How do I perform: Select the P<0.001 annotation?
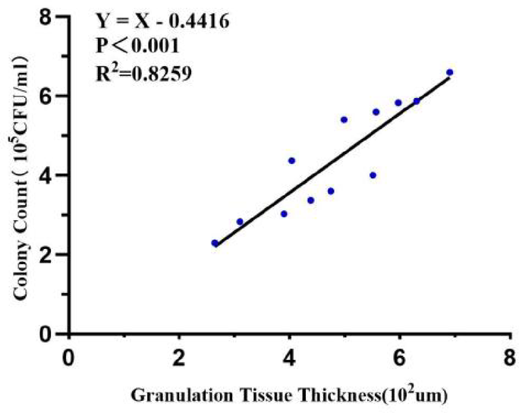pyautogui.click(x=137, y=46)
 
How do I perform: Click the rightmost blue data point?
pyautogui.click(x=449, y=72)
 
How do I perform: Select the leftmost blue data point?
pyautogui.click(x=215, y=243)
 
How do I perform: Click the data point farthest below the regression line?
pyautogui.click(x=373, y=175)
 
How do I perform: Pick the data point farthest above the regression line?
pyautogui.click(x=344, y=120)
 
